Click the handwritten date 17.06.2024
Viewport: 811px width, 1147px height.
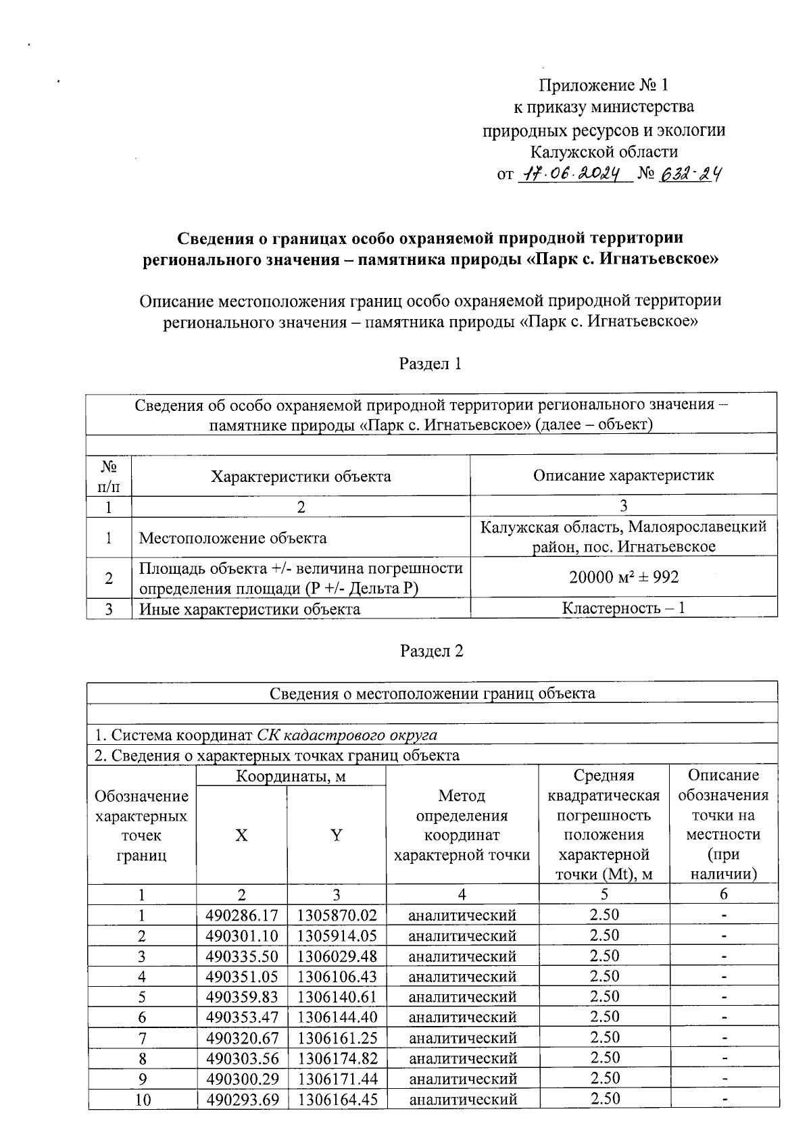point(575,174)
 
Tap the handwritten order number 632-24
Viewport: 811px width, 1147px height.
point(690,174)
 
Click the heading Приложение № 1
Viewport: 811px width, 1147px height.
point(604,85)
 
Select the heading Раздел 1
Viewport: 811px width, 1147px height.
point(431,364)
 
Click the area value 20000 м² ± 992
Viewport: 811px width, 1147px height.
point(623,577)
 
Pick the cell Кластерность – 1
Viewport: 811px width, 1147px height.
point(623,608)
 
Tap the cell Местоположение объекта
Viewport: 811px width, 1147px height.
point(232,538)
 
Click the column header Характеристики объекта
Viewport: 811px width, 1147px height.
point(301,477)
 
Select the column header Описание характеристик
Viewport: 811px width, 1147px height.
point(623,475)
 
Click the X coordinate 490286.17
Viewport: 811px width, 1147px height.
point(242,916)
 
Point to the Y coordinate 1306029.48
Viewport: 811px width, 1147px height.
point(337,956)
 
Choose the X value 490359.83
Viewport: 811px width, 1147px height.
point(242,997)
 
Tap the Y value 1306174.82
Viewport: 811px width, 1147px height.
point(337,1058)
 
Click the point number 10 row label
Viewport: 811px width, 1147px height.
point(142,1100)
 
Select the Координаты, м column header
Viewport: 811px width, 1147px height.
point(291,777)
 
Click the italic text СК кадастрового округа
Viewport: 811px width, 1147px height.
point(347,735)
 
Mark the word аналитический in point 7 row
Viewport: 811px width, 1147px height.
point(462,1038)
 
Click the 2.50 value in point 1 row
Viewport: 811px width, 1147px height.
point(604,915)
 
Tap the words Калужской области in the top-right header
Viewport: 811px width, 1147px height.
point(604,152)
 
